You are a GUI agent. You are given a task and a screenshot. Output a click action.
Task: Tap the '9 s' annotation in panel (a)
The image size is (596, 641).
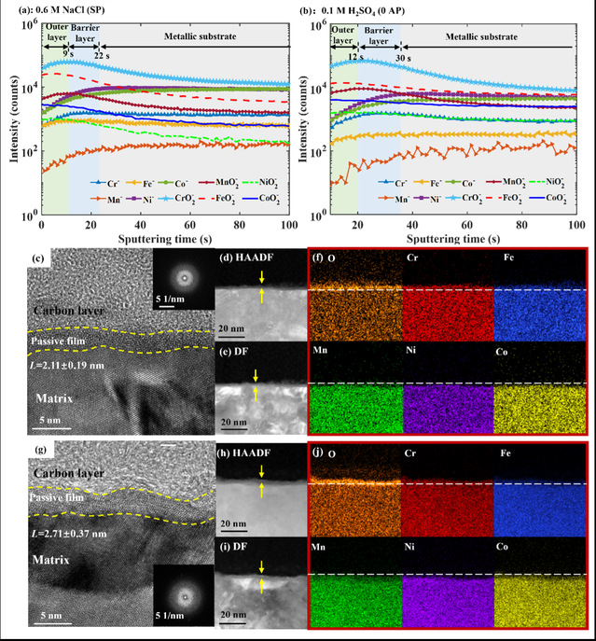[67, 53]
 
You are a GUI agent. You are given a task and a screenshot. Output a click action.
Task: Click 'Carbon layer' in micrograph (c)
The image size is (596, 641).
[76, 311]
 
